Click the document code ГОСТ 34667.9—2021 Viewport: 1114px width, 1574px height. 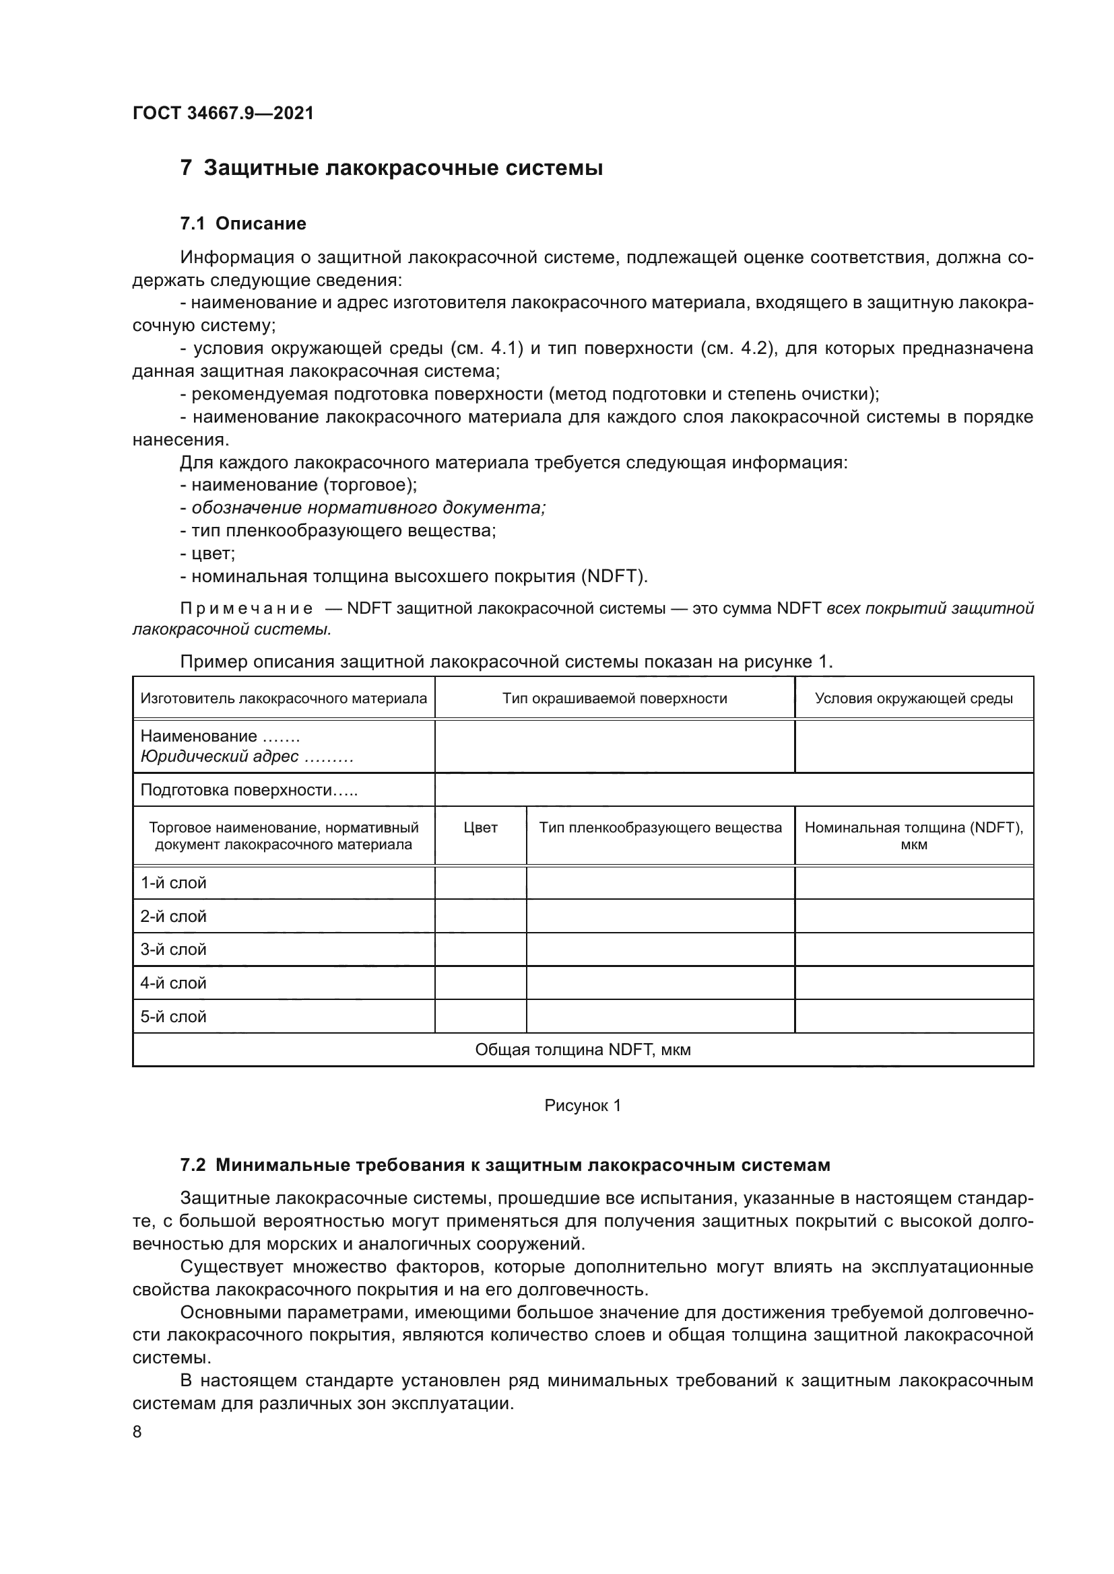coord(223,114)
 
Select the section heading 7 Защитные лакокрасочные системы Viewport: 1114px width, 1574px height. coord(391,168)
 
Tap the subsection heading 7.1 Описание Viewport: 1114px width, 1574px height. coord(243,224)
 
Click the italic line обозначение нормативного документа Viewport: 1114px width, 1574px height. coord(368,508)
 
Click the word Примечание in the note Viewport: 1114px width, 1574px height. coord(247,609)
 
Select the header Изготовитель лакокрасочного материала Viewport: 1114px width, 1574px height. coord(284,699)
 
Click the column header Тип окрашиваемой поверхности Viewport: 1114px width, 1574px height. coord(614,699)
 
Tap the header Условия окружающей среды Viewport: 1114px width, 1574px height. coord(913,699)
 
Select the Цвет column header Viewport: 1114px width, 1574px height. coord(480,828)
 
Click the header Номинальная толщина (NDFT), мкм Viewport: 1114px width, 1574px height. coord(913,836)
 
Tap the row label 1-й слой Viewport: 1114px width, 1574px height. coord(174,883)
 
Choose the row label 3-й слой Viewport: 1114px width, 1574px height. coord(174,950)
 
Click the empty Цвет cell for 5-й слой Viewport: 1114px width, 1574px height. coord(480,1017)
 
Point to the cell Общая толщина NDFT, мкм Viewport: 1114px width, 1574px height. coord(583,1050)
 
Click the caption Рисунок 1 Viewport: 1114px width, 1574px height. coord(583,1106)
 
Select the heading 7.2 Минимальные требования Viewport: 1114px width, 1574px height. coord(505,1166)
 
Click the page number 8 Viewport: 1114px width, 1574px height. coord(137,1432)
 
